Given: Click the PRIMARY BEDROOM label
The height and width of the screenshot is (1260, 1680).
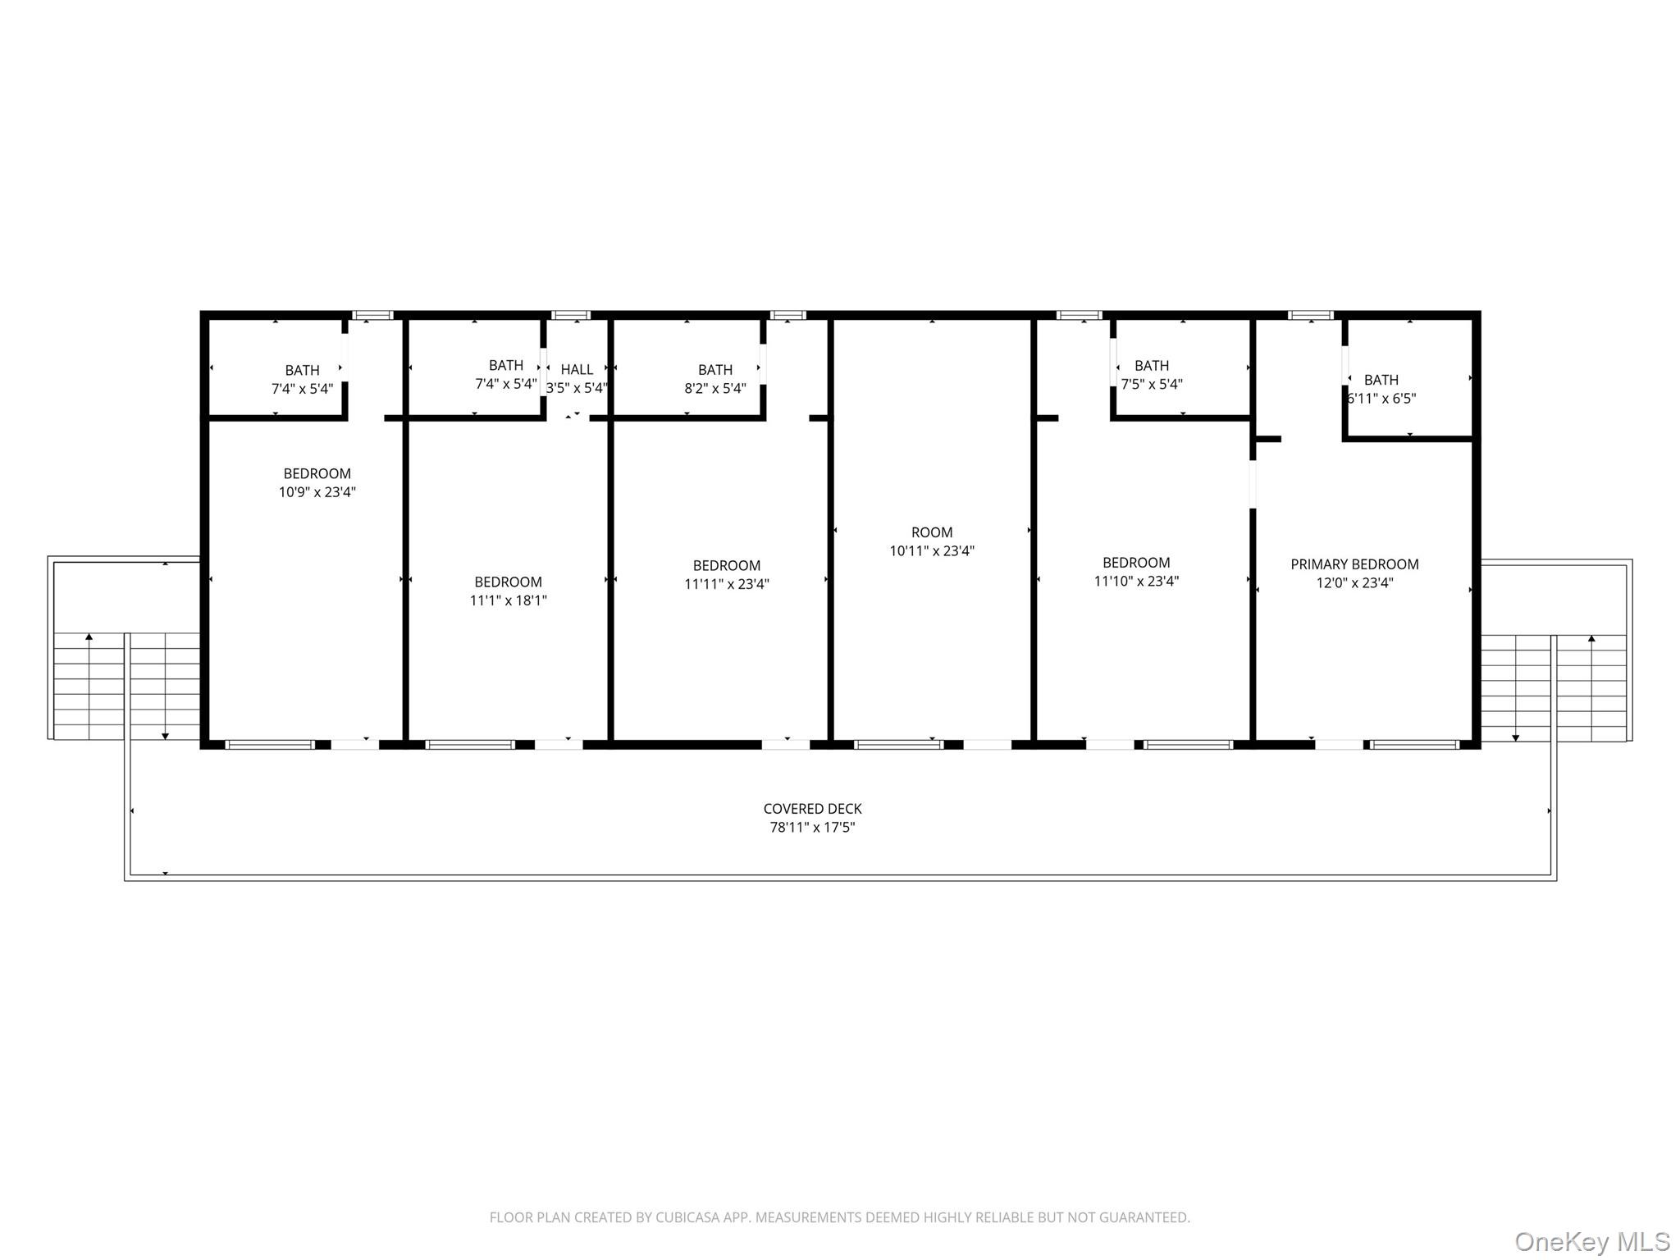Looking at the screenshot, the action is point(1354,564).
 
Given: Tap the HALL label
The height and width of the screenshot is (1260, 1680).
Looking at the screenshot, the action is point(577,370).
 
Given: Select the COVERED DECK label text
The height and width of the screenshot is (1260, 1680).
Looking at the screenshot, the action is point(812,809).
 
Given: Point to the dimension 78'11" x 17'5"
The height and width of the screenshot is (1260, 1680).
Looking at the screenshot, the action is point(812,828).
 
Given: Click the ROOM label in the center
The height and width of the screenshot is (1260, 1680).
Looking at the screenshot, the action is point(932,532).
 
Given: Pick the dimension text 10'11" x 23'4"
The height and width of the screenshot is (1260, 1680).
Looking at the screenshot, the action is point(932,551).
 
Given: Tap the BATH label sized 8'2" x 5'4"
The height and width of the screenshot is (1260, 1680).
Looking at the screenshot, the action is point(715,370).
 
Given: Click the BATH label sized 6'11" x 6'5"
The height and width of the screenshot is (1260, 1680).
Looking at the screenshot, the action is point(1381,380).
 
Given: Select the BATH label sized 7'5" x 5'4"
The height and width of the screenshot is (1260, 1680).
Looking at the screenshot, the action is point(1152,366).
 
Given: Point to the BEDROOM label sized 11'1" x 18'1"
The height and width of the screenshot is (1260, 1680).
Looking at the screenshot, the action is point(508,582).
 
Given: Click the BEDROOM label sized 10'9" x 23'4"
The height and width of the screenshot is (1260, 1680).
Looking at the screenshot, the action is point(317,474).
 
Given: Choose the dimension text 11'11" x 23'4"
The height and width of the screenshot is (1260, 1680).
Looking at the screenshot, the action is point(727,585).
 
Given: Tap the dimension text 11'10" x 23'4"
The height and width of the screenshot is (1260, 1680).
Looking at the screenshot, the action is point(1136,582).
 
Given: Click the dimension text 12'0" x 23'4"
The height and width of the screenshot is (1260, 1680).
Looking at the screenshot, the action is point(1354,583).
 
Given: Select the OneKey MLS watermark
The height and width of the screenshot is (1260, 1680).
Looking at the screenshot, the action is point(1592,1242).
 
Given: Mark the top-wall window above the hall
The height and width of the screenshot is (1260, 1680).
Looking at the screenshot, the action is point(571,315).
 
